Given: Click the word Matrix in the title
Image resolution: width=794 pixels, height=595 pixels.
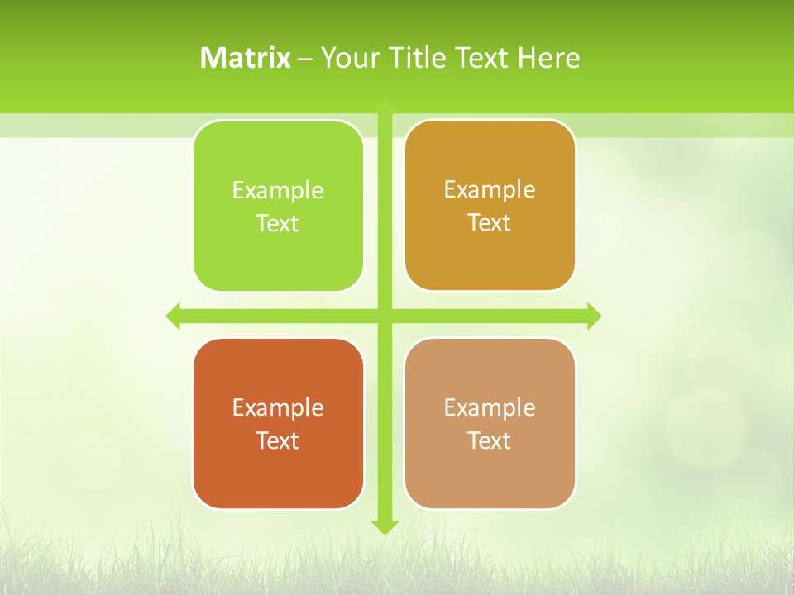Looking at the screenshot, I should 246,58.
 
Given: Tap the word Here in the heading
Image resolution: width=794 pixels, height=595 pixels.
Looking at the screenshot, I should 549,58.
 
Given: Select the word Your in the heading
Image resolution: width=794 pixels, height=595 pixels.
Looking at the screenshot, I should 351,58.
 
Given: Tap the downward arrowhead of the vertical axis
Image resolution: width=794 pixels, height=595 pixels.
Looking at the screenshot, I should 385,526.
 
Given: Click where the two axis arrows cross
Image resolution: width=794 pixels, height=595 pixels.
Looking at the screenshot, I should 385,316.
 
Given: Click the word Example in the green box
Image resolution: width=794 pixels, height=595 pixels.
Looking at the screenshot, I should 278,190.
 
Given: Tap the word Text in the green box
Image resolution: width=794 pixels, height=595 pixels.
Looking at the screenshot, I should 278,224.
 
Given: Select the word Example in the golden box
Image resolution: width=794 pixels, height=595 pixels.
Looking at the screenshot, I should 490,189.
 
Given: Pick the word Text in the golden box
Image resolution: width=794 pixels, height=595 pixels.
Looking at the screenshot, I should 490,223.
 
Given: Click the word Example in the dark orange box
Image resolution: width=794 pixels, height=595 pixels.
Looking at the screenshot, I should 278,407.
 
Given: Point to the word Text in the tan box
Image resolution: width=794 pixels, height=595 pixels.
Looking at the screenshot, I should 490,441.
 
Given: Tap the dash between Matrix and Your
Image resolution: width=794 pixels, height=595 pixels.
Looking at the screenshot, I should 305,59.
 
